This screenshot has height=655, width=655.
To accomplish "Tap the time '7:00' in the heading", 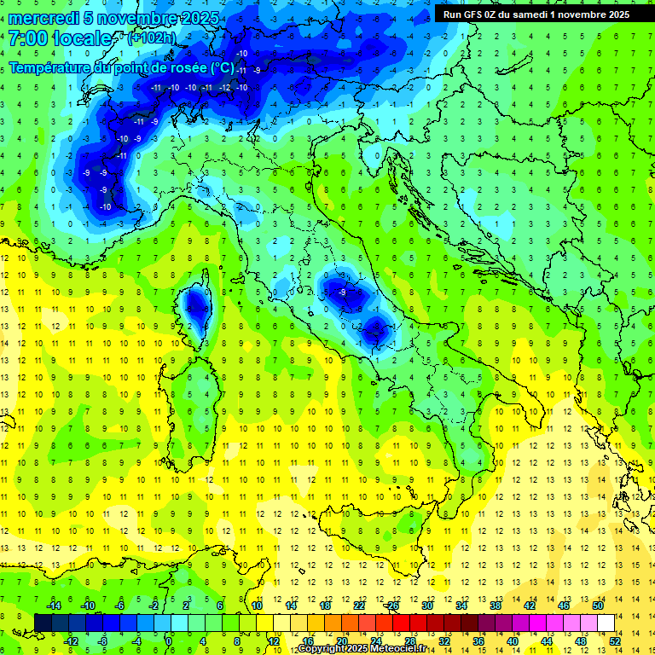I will pyautogui.click(x=27, y=39).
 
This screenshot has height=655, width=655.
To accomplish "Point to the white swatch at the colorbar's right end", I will pyautogui.click(x=606, y=623).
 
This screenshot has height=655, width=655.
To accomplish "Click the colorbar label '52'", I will pyautogui.click(x=615, y=641).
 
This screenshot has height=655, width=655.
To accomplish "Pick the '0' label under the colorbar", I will pyautogui.click(x=170, y=641).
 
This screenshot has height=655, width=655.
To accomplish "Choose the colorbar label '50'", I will pyautogui.click(x=598, y=606).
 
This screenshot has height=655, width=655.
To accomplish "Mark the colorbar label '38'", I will pyautogui.click(x=496, y=606).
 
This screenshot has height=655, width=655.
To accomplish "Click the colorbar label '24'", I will pyautogui.click(x=376, y=641).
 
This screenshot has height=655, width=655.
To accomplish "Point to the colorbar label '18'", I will pyautogui.click(x=325, y=606).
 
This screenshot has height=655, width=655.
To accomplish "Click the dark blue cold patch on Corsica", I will pyautogui.click(x=197, y=304).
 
